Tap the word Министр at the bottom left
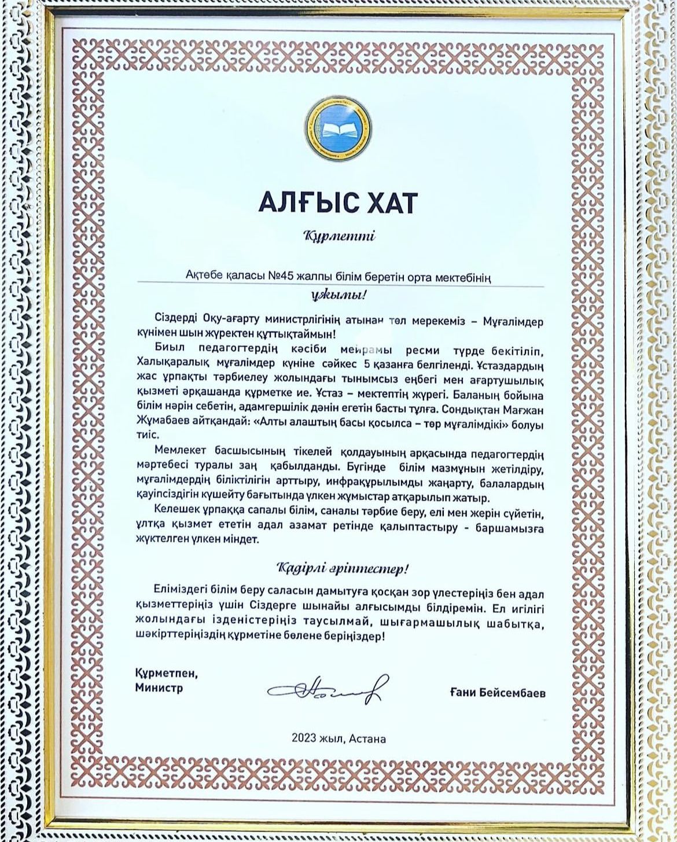click(x=159, y=688)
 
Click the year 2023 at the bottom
click(x=303, y=738)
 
